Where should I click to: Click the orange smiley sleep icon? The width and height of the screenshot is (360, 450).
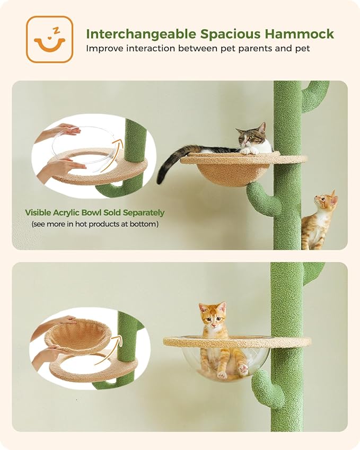[49, 39]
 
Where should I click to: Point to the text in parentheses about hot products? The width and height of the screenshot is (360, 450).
[94, 224]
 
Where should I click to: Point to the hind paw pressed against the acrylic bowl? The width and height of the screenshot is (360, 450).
[243, 369]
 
